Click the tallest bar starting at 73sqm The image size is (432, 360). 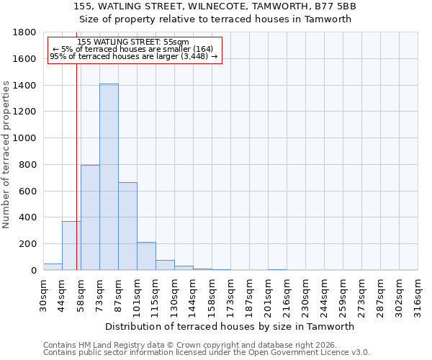coord(109,176)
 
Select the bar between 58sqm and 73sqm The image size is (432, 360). coord(90,217)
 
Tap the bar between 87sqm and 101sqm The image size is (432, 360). coord(127,226)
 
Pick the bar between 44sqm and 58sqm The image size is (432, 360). coord(71,246)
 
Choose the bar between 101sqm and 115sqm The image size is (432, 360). coord(146,256)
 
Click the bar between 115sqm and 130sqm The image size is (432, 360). coord(165,265)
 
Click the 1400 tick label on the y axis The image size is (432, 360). coord(25,86)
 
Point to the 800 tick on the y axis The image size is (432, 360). coord(28,165)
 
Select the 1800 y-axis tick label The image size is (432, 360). coord(25,32)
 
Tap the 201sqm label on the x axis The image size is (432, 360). coord(268,295)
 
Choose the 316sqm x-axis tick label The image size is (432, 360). coord(418,295)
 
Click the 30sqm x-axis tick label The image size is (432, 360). coord(43,295)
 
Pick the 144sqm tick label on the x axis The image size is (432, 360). coord(193,295)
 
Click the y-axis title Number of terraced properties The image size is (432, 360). coord(7,155)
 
